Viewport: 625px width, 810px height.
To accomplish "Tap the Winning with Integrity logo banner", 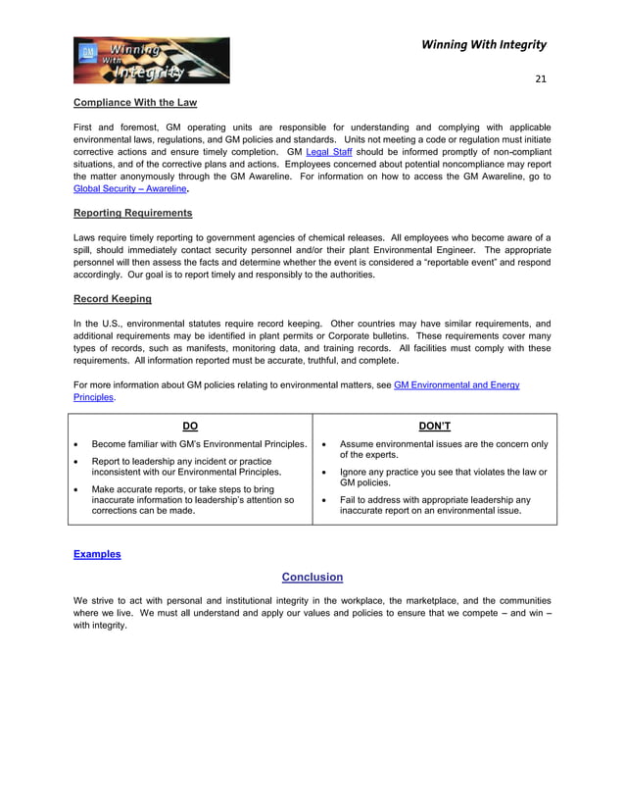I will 152,61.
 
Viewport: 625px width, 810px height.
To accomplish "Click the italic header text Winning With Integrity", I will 483,44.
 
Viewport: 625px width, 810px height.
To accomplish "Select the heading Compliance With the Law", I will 134,102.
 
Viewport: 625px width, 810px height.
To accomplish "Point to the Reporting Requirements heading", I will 133,213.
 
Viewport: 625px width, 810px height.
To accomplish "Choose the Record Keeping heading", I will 113,298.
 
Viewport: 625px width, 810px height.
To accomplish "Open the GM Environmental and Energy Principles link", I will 457,385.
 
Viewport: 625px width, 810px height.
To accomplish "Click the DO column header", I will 190,426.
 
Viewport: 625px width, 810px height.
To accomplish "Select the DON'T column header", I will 434,426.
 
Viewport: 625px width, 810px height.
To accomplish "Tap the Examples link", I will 97,554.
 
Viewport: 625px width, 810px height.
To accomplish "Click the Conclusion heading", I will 312,577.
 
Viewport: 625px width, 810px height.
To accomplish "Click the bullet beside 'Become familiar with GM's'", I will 77,444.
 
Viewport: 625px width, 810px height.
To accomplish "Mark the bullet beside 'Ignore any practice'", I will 323,472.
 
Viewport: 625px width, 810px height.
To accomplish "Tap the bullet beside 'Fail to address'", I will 323,499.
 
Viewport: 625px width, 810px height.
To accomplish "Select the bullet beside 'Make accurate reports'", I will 77,488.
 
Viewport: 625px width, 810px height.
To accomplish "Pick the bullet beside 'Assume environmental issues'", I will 323,444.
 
